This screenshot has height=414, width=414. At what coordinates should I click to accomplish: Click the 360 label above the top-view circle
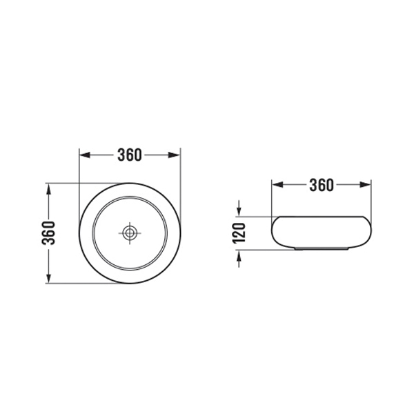point(130,155)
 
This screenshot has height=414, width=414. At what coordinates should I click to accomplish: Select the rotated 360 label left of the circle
point(49,233)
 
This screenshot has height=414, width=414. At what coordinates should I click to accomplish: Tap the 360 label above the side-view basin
point(322,185)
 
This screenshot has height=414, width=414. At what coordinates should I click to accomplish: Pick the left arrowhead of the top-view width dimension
point(84,155)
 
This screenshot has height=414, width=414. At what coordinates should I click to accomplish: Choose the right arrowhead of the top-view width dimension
point(175,155)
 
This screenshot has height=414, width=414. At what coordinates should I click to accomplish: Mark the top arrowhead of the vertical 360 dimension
point(49,188)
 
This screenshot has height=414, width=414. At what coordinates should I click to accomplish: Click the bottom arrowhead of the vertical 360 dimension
point(49,279)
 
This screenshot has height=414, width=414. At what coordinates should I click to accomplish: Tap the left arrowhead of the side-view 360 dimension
point(277,185)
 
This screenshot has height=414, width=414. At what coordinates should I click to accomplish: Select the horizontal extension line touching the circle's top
point(69,183)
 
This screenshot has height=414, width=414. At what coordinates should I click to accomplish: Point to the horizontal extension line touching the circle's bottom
point(69,284)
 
